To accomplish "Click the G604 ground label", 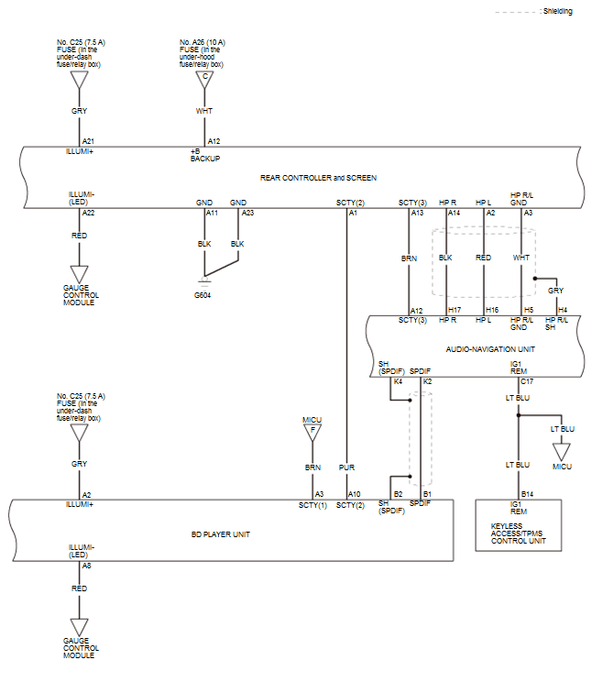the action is pyautogui.click(x=203, y=295).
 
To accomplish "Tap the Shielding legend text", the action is pyautogui.click(x=557, y=11).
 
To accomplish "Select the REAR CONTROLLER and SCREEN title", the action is pyautogui.click(x=318, y=178).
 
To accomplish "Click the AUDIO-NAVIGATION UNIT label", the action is pyautogui.click(x=490, y=349).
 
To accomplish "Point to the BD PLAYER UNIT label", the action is pyautogui.click(x=221, y=534).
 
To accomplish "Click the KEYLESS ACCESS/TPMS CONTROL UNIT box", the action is pyautogui.click(x=518, y=525).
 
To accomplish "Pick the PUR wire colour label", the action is pyautogui.click(x=346, y=467).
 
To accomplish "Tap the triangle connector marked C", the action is pyautogui.click(x=204, y=80).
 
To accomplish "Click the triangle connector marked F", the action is pyautogui.click(x=312, y=433).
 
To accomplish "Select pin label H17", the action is pyautogui.click(x=455, y=310).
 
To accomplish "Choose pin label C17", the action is pyautogui.click(x=527, y=381).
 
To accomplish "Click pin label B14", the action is pyautogui.click(x=527, y=494).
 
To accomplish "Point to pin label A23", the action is pyautogui.click(x=247, y=213).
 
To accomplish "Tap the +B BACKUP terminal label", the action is pyautogui.click(x=205, y=155).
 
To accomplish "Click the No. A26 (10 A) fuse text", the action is pyautogui.click(x=203, y=42).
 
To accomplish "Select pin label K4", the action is pyautogui.click(x=398, y=381).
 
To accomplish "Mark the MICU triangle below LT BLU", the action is pyautogui.click(x=562, y=452).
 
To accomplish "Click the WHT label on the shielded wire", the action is pyautogui.click(x=521, y=258).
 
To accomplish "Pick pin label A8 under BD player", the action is pyautogui.click(x=86, y=566).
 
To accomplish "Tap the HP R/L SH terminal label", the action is pyautogui.click(x=556, y=324).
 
